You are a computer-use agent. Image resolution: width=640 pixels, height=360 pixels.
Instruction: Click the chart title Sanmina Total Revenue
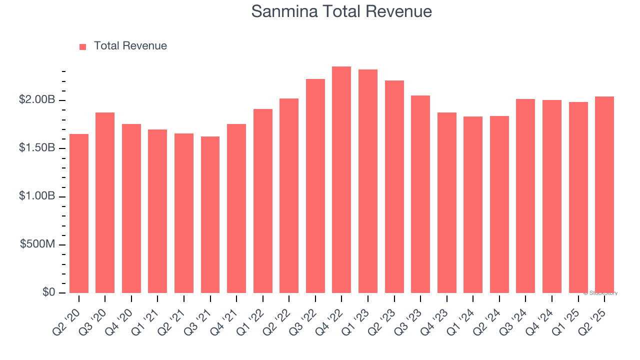click(341, 11)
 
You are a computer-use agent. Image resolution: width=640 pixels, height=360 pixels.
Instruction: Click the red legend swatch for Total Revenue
click(83, 46)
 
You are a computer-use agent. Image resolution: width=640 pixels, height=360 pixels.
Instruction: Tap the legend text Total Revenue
click(130, 46)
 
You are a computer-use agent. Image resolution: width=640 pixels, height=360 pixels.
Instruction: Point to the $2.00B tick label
click(37, 100)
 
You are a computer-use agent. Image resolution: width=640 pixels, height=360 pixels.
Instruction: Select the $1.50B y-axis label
click(37, 148)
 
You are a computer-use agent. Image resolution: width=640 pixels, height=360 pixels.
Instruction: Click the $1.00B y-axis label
click(37, 196)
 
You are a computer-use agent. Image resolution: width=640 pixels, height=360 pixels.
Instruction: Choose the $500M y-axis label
click(38, 244)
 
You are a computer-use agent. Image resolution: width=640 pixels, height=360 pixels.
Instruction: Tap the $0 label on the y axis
click(48, 292)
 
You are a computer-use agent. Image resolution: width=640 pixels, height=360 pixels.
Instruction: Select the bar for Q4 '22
click(341, 180)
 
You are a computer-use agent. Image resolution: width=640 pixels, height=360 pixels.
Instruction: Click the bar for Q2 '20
click(79, 213)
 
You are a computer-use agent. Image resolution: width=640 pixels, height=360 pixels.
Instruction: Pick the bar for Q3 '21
click(210, 215)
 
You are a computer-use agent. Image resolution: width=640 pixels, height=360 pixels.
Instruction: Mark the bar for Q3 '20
click(105, 202)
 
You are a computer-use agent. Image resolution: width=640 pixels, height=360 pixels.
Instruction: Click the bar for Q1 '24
click(473, 205)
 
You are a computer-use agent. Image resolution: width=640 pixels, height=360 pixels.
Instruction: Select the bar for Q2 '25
click(604, 195)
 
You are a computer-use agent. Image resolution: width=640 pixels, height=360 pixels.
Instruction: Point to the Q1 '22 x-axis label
click(260, 315)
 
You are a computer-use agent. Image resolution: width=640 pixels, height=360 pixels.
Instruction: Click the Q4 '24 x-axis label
click(549, 315)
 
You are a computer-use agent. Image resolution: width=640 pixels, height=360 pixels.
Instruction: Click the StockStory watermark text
click(600, 293)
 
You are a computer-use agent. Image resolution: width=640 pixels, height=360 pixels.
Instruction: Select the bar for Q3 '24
click(525, 196)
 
